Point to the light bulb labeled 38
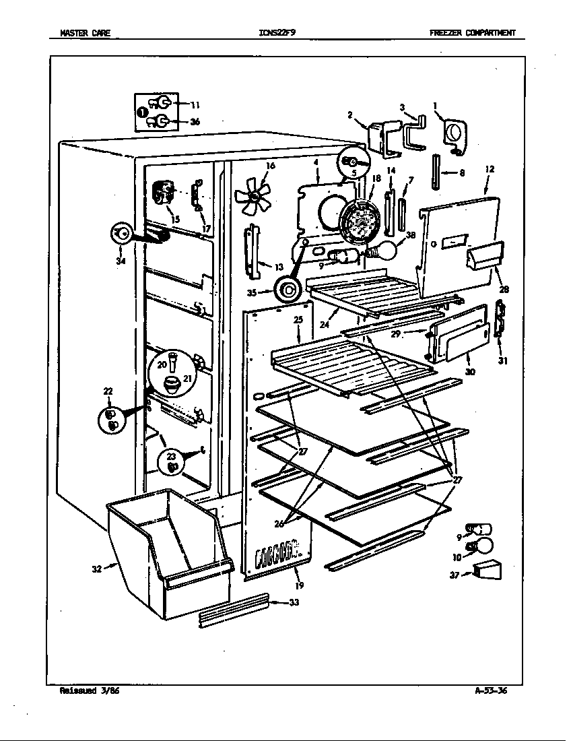[x=386, y=251]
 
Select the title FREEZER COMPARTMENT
[x=472, y=32]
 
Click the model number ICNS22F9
[x=277, y=32]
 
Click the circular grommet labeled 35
[x=290, y=290]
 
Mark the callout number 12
[x=489, y=169]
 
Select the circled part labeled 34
[x=122, y=233]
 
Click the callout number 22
[x=108, y=391]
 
